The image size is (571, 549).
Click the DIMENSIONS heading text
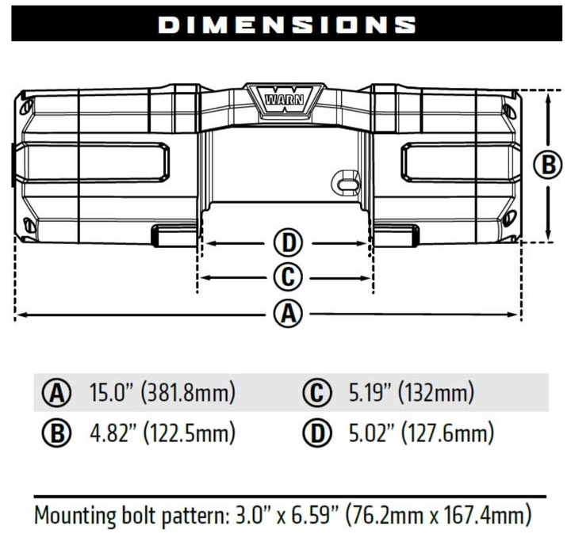287,25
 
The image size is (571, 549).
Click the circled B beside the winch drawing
546,166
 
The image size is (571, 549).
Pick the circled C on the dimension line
287,277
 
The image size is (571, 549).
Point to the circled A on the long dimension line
288,314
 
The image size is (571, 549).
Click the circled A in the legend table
56,391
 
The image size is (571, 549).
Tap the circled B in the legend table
56,433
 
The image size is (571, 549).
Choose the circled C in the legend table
314,391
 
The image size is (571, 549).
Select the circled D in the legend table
314,433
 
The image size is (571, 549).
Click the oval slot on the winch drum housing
347,181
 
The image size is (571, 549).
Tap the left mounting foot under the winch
174,234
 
